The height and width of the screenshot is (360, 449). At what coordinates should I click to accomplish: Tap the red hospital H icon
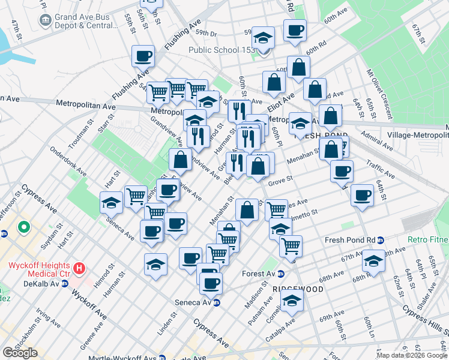tap(79, 267)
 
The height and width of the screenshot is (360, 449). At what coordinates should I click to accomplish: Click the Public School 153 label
tap(222, 50)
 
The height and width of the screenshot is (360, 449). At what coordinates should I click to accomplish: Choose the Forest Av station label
tap(262, 274)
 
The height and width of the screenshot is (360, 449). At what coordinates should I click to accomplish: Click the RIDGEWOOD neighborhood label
tap(298, 289)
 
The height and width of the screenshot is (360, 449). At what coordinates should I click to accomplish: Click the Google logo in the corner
tap(20, 353)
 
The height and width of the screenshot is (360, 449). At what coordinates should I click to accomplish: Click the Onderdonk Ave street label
tap(68, 163)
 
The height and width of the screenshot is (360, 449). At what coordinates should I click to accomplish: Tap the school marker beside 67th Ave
tap(373, 262)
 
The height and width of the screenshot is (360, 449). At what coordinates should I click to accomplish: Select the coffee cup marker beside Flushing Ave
tap(143, 57)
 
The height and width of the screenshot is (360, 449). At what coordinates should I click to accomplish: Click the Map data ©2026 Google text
tap(412, 355)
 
